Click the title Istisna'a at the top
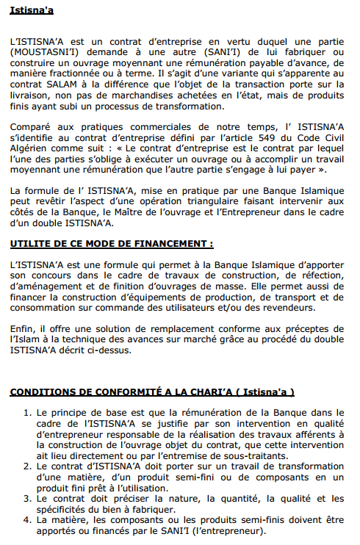pos(32,11)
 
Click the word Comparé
pos(32,129)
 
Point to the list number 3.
pos(28,499)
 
